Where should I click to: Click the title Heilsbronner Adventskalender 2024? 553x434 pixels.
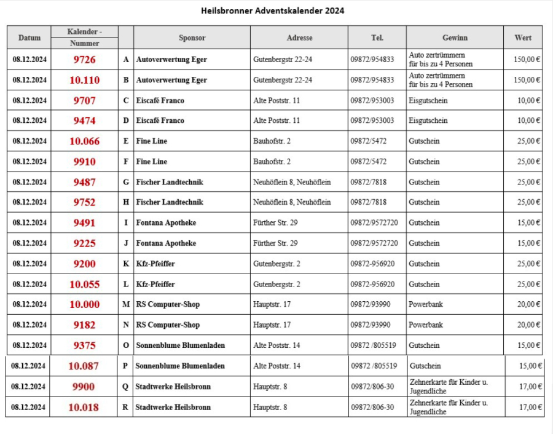[x=272, y=10]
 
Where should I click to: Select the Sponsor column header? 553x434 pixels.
[x=192, y=37]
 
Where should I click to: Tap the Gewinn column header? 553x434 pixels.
[x=454, y=37]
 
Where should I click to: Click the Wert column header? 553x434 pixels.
[x=523, y=37]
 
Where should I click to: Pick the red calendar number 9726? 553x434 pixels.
[x=84, y=60]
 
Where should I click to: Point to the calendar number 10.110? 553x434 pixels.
[x=84, y=80]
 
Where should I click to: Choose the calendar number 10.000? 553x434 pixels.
[x=84, y=304]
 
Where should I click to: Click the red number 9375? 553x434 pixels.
[x=84, y=345]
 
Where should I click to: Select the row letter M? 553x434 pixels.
[x=126, y=304]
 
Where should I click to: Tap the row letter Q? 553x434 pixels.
[x=125, y=387]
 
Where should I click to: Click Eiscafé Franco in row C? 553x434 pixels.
[x=160, y=100]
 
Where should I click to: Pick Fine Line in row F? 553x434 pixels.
[x=151, y=162]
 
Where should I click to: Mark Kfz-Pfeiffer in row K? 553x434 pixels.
[x=155, y=264]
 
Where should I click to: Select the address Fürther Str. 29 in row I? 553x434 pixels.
[x=275, y=223]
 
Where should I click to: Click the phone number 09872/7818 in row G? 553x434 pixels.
[x=369, y=182]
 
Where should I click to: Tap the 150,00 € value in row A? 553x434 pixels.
[x=527, y=60]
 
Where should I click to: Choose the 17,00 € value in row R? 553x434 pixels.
[x=530, y=407]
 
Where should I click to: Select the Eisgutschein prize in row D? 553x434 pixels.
[x=428, y=120]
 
